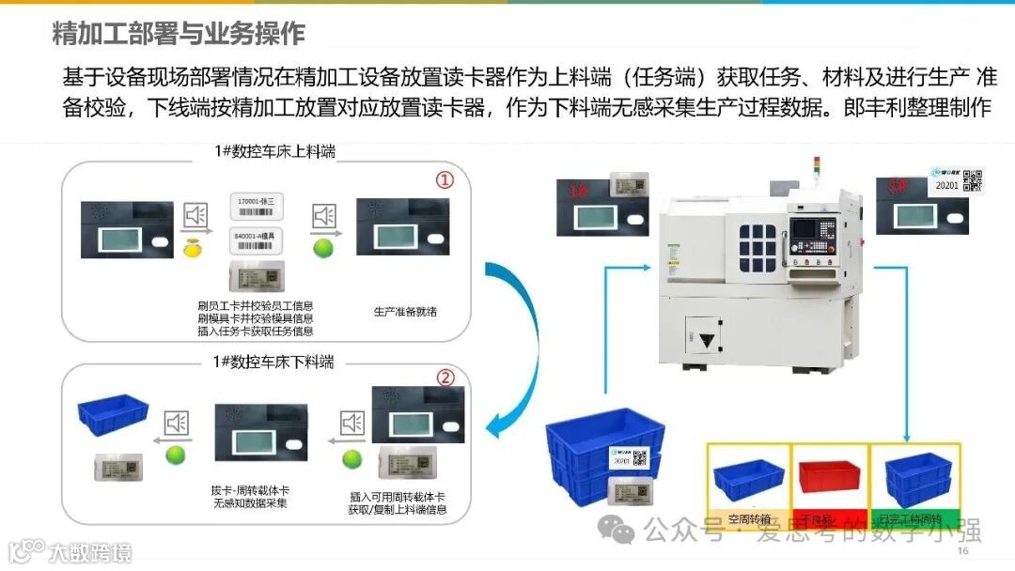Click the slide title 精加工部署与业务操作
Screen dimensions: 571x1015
click(x=179, y=33)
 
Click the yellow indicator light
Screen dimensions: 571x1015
click(x=194, y=249)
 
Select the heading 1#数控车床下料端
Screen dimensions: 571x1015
click(x=273, y=363)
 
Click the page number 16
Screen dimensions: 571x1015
click(x=962, y=551)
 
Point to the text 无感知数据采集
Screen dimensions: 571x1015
click(x=251, y=502)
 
